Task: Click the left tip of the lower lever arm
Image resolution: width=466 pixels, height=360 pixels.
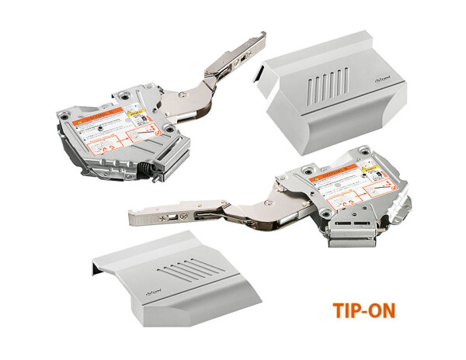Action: pyautogui.click(x=130, y=212)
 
